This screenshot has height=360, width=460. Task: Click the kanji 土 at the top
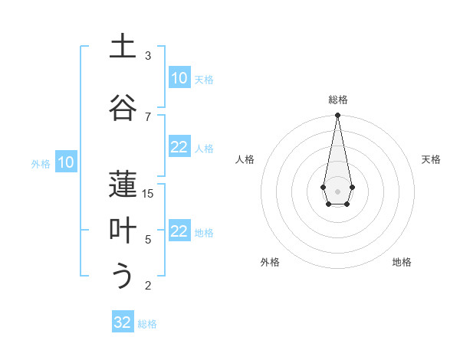coord(123,47)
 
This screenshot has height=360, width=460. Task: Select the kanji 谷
coord(123,108)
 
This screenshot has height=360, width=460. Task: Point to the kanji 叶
coord(123,231)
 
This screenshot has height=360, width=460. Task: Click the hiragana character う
coord(123,277)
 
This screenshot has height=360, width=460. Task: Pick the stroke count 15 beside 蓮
coord(148,194)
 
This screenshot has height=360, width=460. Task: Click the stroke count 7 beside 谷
coord(148,116)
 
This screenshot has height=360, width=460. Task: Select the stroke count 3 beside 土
coord(148,56)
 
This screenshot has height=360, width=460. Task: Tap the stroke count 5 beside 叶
coord(148,240)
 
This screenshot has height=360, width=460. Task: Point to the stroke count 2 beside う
coord(148,286)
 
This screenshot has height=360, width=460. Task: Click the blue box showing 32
coord(123,322)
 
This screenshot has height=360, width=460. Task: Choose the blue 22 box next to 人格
coord(179,148)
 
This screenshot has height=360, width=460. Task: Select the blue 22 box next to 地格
coord(179,232)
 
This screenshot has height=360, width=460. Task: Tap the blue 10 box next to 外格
coord(65,162)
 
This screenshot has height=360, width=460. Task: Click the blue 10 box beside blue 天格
coord(179,78)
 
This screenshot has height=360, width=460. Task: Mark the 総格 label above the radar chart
coord(337,100)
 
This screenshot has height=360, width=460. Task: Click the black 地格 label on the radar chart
coord(402,262)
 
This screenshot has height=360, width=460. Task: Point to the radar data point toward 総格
coord(337,116)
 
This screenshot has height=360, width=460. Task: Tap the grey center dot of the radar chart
coord(337,191)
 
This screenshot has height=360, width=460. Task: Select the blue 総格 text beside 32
coord(147,324)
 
